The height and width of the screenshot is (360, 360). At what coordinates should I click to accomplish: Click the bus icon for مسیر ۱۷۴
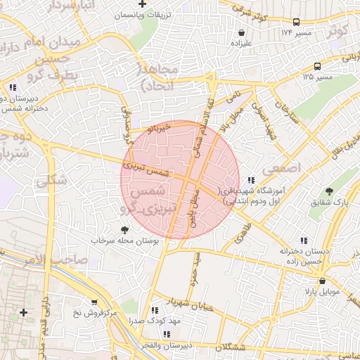coord(296,22)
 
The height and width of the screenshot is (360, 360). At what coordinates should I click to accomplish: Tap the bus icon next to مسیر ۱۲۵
coord(317,67)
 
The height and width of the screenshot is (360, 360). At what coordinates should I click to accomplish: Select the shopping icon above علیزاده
coord(242,32)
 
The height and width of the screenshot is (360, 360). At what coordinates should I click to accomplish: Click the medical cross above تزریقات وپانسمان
coord(154,4)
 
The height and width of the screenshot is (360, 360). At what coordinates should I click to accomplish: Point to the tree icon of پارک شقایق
coord(330,191)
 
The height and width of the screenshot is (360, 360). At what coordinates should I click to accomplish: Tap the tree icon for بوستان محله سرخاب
coord(125,229)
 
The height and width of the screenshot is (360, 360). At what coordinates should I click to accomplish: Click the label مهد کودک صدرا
coord(154,321)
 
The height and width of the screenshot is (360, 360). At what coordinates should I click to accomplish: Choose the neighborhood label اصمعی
coord(281,169)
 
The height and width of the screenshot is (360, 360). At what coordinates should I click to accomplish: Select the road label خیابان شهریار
coord(187,303)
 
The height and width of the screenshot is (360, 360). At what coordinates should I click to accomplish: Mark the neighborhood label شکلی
coord(53,181)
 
